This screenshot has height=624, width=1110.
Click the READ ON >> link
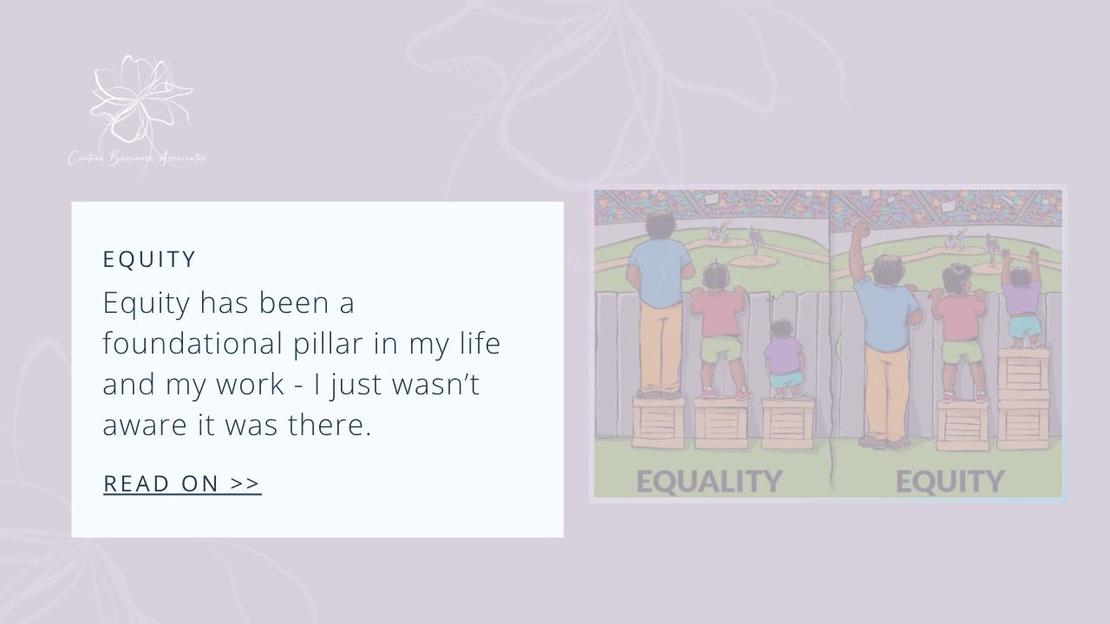click(182, 484)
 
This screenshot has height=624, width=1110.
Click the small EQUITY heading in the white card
click(150, 259)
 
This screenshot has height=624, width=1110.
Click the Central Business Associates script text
click(137, 159)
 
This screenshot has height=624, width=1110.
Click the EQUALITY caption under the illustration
click(708, 481)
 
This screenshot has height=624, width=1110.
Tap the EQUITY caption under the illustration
click(950, 481)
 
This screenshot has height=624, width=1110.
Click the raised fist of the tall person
click(859, 232)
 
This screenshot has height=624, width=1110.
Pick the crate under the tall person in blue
click(659, 422)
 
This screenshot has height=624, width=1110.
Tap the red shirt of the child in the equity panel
click(960, 317)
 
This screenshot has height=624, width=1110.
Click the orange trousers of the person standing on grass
click(886, 390)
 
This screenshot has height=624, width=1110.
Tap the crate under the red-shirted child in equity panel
click(962, 424)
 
